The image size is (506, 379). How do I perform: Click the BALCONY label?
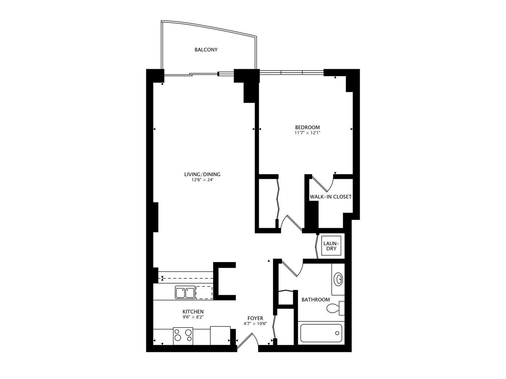tap(206, 49)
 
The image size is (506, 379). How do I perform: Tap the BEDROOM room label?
tap(307, 127)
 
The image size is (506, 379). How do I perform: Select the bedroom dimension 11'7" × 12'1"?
tap(308, 133)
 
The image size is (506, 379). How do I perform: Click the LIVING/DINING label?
tap(202, 174)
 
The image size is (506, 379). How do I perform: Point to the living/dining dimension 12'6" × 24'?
tap(202, 180)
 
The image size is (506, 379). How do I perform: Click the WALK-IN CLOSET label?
tap(330, 197)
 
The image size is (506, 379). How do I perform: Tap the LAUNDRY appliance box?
tap(331, 246)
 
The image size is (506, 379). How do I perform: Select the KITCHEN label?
tap(193, 312)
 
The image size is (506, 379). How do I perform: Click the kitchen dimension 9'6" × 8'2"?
tap(193, 317)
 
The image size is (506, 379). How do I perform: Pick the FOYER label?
tap(255, 318)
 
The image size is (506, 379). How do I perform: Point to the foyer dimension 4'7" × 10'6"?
tap(255, 324)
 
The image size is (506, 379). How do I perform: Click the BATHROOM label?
tap(316, 299)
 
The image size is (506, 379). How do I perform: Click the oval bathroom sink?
tap(338, 279)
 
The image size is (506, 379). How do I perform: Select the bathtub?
tap(321, 333)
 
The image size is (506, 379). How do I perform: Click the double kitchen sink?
tap(185, 292)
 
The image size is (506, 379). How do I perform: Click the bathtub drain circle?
tap(337, 333)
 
